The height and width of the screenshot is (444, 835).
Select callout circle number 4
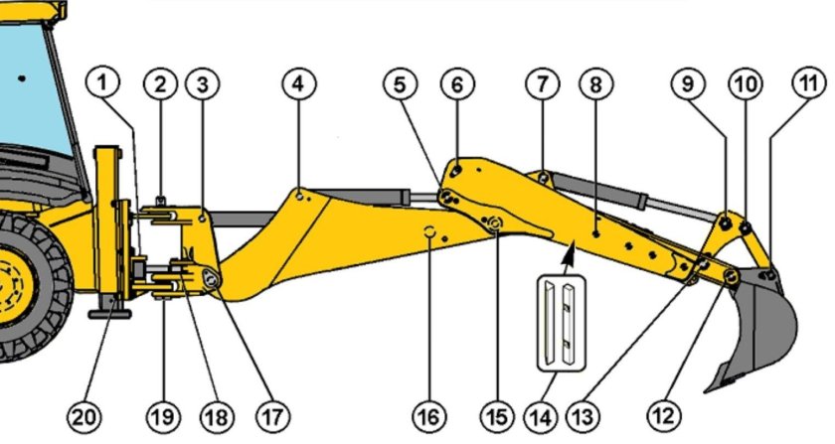point(297,84)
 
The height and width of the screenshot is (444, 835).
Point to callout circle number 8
point(595,84)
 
